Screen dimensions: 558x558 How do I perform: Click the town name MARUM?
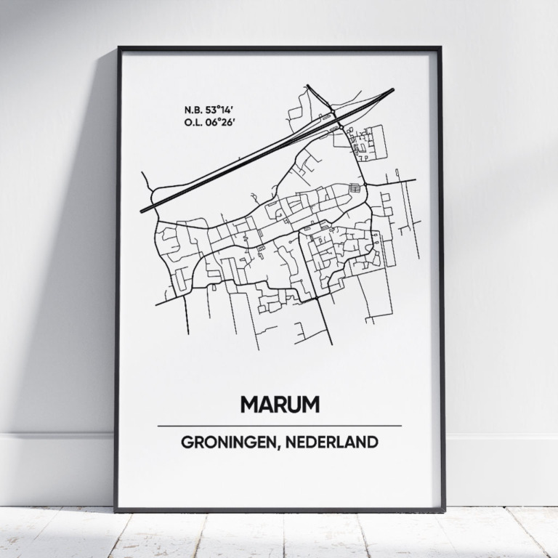point(279,404)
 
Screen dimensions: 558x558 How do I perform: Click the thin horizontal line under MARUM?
point(279,426)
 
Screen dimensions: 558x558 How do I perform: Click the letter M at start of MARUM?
point(247,404)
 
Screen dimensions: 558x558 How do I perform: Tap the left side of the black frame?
point(118,279)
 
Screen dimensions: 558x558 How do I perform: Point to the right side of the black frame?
point(441,279)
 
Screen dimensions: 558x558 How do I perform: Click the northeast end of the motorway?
point(392,90)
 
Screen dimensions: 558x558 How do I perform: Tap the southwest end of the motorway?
point(142,211)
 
